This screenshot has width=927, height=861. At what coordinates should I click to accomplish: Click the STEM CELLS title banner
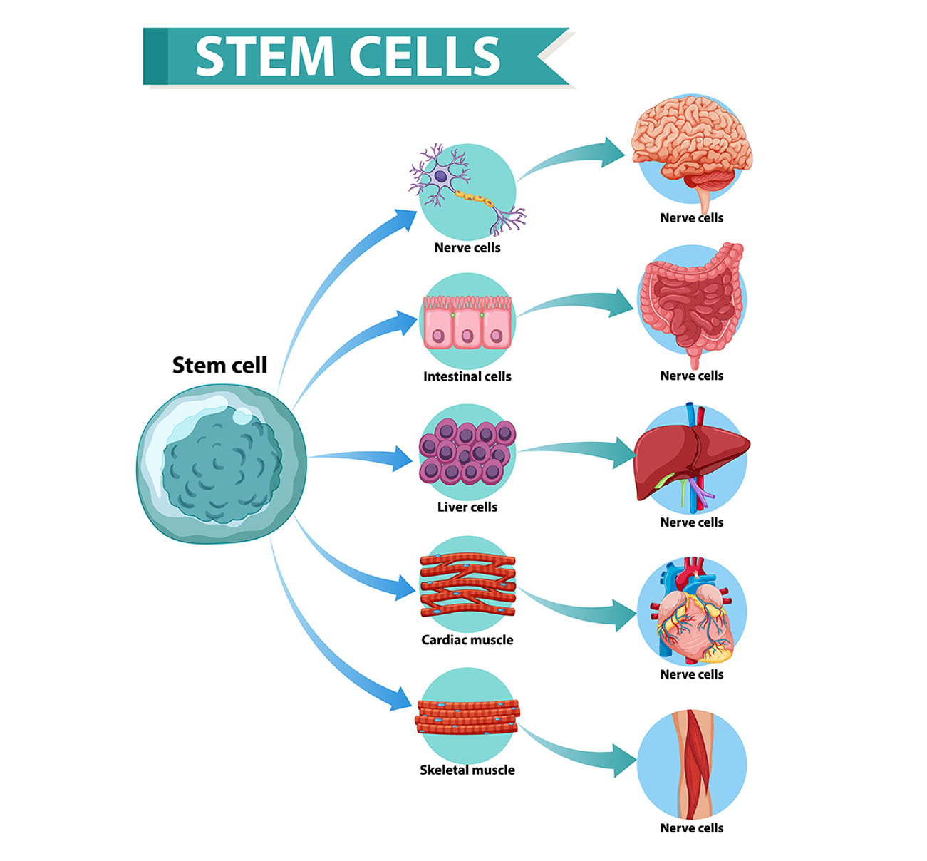tap(349, 56)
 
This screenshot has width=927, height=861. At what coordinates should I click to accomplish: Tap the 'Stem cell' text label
tap(219, 365)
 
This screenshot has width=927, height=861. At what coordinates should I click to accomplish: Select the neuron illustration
tap(464, 189)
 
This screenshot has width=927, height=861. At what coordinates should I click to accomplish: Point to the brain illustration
tap(690, 150)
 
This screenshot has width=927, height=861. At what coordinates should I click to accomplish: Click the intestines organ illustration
tap(690, 303)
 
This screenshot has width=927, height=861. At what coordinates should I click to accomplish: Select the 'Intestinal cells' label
tap(467, 376)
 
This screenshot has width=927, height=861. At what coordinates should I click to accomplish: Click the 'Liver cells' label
tap(467, 507)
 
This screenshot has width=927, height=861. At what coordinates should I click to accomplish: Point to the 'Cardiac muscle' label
tap(467, 640)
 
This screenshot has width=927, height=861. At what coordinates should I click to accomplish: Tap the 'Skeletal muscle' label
tap(467, 770)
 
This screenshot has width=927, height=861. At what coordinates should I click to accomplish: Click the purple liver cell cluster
tap(467, 452)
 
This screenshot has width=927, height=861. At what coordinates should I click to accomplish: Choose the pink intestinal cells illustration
tap(467, 322)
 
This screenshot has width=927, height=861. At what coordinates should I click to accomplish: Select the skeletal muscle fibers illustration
tap(467, 717)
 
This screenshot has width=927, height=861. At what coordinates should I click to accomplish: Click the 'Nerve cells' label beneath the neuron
tap(467, 247)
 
